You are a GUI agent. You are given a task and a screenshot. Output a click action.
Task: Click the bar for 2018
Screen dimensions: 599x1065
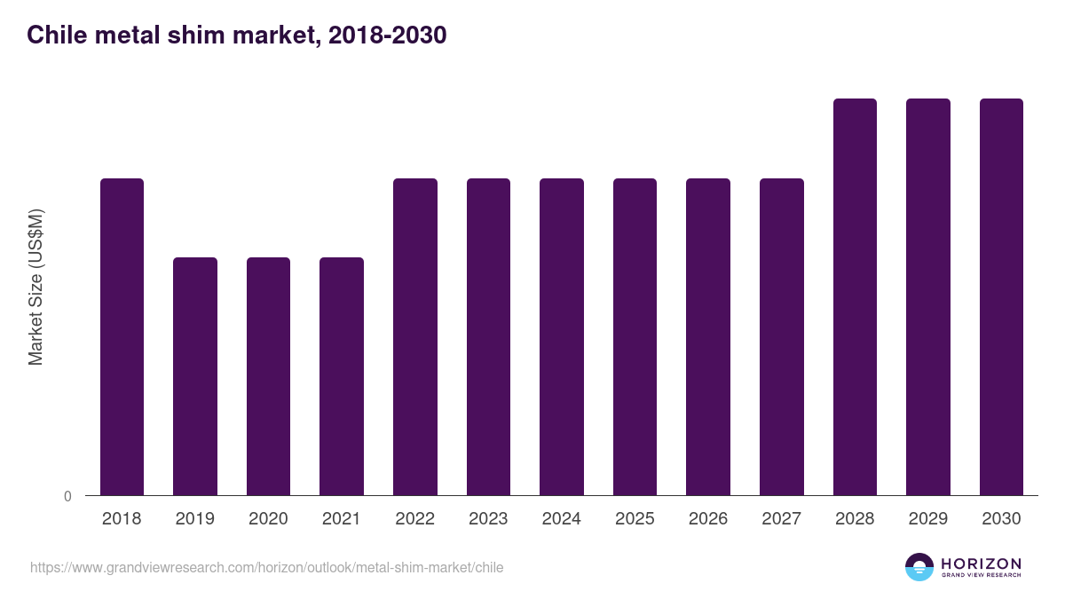pyautogui.click(x=122, y=336)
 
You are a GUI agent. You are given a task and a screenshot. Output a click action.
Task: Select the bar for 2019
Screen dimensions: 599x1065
pyautogui.click(x=195, y=376)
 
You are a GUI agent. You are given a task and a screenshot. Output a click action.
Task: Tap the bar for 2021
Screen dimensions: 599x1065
pyautogui.click(x=342, y=376)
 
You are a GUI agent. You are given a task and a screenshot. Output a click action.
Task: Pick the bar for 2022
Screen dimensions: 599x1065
pyautogui.click(x=415, y=336)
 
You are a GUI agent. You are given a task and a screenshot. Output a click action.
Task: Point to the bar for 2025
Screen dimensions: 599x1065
pyautogui.click(x=635, y=336)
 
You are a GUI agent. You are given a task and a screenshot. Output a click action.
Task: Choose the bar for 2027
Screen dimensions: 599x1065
pyautogui.click(x=782, y=336)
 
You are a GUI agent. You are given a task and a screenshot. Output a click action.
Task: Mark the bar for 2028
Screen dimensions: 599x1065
pyautogui.click(x=855, y=296)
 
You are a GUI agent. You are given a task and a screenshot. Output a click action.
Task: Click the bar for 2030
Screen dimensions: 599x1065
pyautogui.click(x=1001, y=296)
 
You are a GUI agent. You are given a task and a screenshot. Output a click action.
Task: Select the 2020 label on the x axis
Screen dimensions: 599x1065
pyautogui.click(x=268, y=519)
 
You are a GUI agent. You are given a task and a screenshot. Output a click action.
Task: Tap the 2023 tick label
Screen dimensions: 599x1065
pyautogui.click(x=488, y=519)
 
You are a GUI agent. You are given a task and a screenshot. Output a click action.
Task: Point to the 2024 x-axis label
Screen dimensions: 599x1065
pyautogui.click(x=562, y=519)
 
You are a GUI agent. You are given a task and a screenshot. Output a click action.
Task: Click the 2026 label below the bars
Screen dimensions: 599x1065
pyautogui.click(x=708, y=519)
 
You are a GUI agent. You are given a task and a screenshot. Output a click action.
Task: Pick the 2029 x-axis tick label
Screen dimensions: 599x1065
pyautogui.click(x=928, y=519)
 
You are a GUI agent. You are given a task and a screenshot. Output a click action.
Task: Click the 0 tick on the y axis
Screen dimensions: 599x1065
pyautogui.click(x=67, y=496)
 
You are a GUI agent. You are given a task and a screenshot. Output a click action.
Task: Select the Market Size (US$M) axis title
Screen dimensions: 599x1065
pyautogui.click(x=35, y=287)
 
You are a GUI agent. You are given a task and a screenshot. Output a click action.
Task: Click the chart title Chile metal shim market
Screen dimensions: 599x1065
pyautogui.click(x=236, y=35)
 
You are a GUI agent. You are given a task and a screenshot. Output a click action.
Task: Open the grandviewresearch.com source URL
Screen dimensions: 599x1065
pyautogui.click(x=266, y=567)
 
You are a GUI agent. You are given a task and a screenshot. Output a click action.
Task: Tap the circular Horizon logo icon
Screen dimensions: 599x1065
pyautogui.click(x=919, y=567)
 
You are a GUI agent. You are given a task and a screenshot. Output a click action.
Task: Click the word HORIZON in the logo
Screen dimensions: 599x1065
pyautogui.click(x=981, y=564)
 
